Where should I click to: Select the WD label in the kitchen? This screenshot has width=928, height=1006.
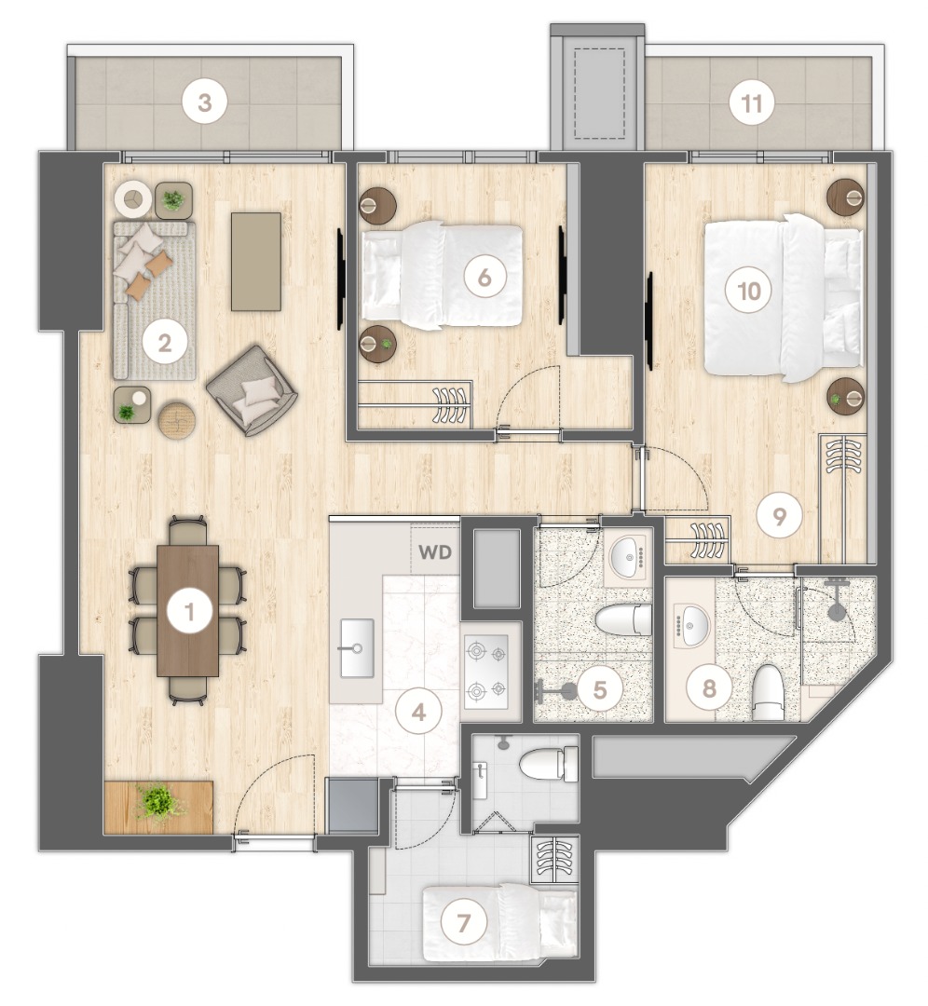pyautogui.click(x=434, y=552)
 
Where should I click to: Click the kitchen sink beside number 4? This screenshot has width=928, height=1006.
pyautogui.click(x=356, y=646)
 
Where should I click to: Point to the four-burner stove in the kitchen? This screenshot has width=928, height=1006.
pyautogui.click(x=485, y=671)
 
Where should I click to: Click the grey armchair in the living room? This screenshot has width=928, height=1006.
pyautogui.click(x=252, y=389)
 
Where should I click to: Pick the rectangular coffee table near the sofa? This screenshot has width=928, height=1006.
pyautogui.click(x=255, y=261)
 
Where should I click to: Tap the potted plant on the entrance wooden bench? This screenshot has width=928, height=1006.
pyautogui.click(x=157, y=802)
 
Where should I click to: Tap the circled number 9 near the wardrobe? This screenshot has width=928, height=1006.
pyautogui.click(x=780, y=515)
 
